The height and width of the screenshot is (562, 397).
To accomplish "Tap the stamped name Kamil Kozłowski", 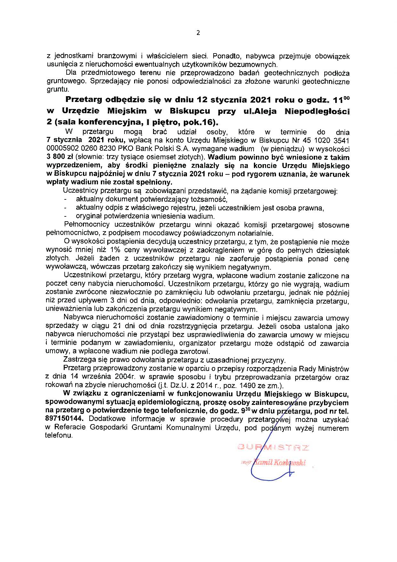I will point(279,463).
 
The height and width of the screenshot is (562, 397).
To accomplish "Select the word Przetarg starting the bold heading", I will point(84,100).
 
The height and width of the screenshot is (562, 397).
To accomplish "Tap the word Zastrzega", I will point(77,360).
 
